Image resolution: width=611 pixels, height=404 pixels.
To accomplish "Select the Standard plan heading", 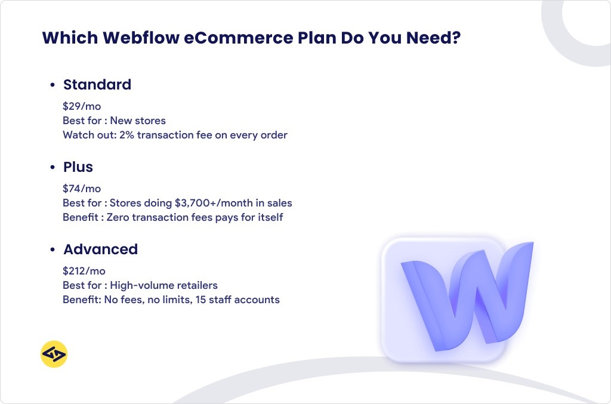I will (x=97, y=85).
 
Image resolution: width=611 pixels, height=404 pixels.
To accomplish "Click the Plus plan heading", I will (x=78, y=167).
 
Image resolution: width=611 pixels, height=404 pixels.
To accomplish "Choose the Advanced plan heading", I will (x=100, y=249).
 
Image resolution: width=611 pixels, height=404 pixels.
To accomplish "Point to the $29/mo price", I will (x=82, y=107).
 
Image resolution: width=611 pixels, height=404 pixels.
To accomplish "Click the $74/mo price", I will (x=82, y=189).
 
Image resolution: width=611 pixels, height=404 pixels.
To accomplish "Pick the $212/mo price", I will (x=84, y=271).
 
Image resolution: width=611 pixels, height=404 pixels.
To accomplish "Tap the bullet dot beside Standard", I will (x=53, y=85).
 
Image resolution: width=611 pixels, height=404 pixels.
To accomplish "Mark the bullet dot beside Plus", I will (x=53, y=168).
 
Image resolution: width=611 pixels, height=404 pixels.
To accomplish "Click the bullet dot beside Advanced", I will (x=53, y=249).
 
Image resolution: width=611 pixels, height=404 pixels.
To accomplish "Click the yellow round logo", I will (x=54, y=354).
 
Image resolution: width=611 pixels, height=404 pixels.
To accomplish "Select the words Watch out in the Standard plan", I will (x=82, y=135).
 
